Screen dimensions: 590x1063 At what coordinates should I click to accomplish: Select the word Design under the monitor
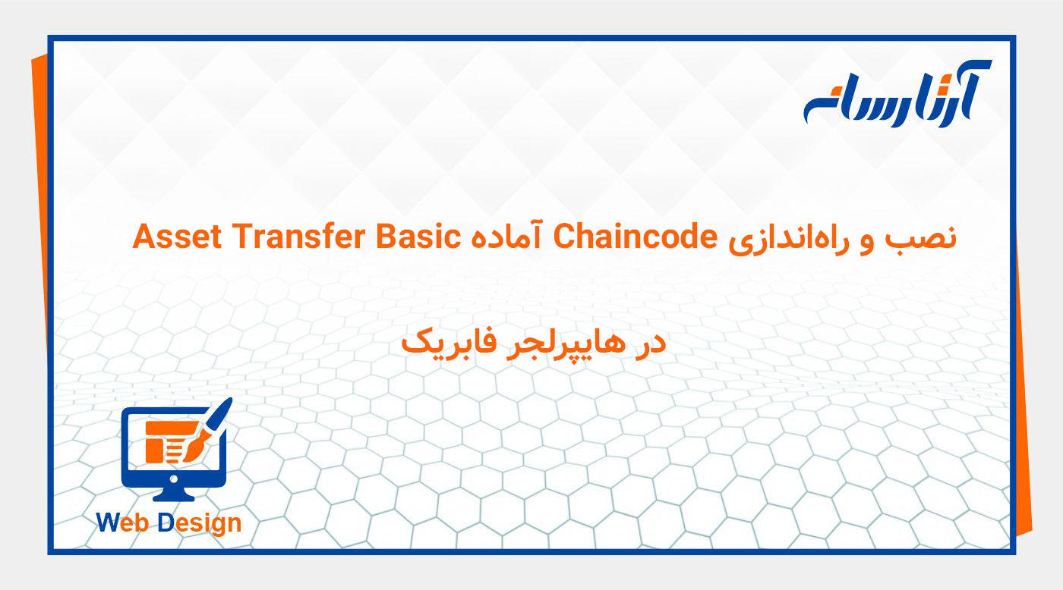coord(200,523)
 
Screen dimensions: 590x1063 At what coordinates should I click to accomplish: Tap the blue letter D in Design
coord(166,523)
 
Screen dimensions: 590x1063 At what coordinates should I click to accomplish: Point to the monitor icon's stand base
coord(174,495)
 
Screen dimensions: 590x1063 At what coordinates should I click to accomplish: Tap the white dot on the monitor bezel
coord(174,479)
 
